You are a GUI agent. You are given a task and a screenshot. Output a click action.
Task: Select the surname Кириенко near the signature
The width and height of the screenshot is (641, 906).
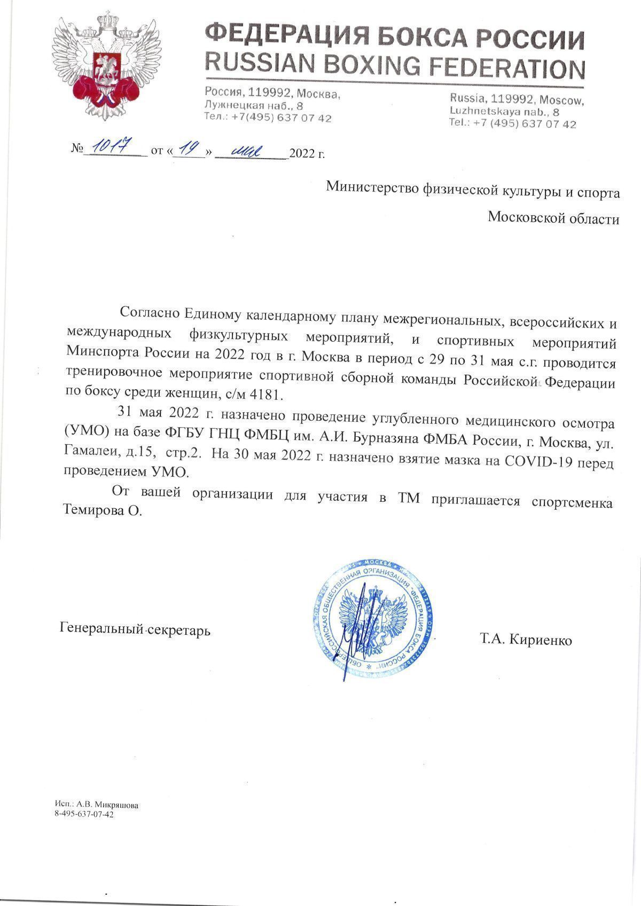click(x=541, y=640)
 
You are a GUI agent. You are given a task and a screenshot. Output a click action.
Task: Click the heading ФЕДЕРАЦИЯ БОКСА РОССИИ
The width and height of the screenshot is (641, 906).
click(x=395, y=37)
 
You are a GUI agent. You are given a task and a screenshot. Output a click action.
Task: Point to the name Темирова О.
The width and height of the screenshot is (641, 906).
click(x=104, y=510)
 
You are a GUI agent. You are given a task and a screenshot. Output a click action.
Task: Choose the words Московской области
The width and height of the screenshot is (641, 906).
click(x=554, y=218)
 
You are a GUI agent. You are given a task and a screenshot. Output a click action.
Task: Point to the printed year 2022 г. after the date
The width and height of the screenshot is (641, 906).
click(x=307, y=154)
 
